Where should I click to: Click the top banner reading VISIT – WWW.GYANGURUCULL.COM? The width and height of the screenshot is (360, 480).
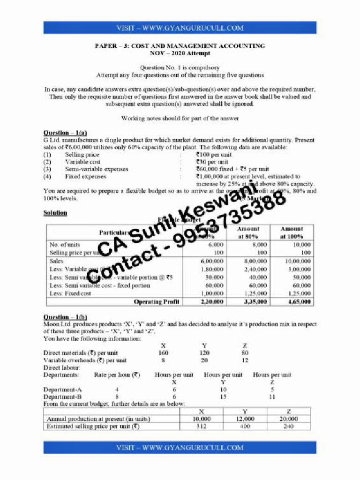tap(180, 28)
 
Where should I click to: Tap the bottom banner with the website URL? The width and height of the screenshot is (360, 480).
tap(180, 448)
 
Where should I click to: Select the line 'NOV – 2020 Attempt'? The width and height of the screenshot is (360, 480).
tap(180, 53)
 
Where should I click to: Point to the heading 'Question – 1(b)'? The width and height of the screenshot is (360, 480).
tap(65, 317)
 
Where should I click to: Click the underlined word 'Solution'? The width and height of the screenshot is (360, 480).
tap(55, 213)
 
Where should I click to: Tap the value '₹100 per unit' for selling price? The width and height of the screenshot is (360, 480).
tap(213, 155)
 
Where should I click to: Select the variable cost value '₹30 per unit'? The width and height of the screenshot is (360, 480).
tap(212, 162)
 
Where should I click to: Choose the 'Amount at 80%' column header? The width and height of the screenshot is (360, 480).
tap(248, 232)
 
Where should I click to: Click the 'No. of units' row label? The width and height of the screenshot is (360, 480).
tap(65, 245)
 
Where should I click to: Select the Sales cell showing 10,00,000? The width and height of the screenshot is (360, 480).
tap(298, 261)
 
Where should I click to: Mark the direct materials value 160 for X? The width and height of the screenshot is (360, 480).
tap(163, 353)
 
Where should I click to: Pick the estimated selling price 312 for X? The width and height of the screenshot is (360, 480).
tap(202, 427)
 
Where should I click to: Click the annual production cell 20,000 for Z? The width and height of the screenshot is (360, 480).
tap(288, 419)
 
